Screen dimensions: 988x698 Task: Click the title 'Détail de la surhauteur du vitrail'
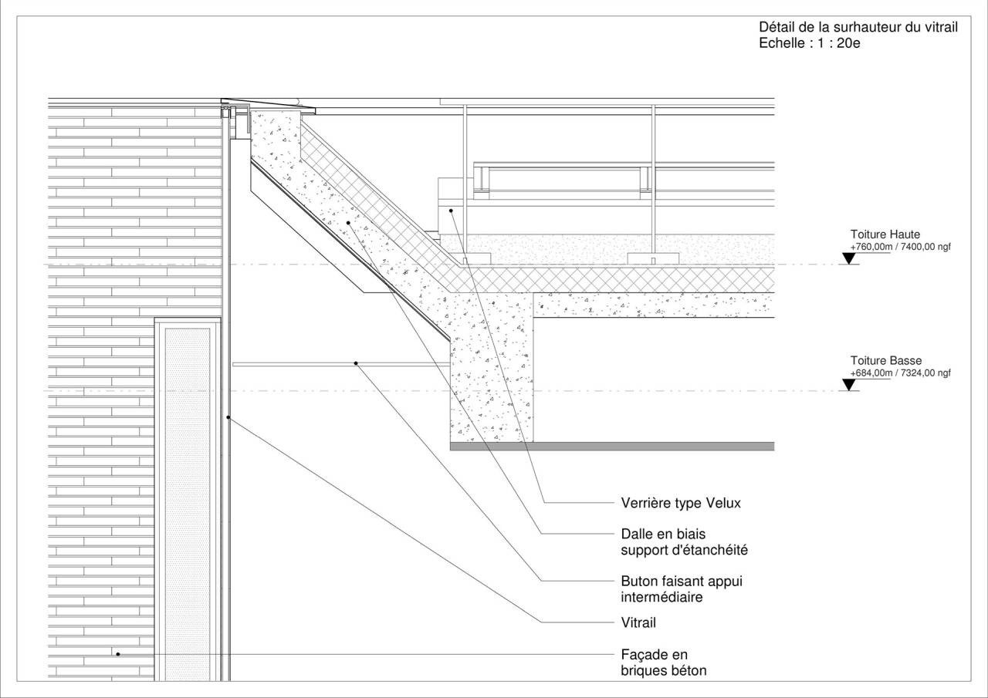pos(858,27)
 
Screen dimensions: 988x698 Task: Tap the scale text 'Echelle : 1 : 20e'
pos(810,43)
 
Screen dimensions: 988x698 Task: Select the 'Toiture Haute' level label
pos(885,234)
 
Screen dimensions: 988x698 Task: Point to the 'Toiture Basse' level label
pos(885,360)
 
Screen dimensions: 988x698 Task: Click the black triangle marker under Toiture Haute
pos(848,258)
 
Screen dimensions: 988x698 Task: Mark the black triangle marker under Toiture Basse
pos(848,385)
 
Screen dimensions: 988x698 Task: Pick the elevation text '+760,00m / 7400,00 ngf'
pos(900,247)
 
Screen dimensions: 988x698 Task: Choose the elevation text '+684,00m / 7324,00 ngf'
pos(900,373)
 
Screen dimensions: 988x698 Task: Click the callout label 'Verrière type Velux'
pos(681,503)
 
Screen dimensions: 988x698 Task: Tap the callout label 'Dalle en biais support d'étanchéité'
pos(684,542)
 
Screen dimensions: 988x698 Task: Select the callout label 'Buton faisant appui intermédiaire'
pos(682,589)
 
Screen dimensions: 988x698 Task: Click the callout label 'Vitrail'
pos(638,622)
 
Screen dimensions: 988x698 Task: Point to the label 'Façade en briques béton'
pos(663,663)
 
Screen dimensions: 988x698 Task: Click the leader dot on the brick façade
pos(118,654)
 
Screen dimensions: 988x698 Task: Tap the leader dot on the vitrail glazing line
pos(228,417)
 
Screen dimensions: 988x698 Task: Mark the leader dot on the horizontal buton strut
pos(356,363)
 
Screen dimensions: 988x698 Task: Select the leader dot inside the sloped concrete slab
pos(348,223)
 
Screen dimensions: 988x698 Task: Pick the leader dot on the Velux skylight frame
pos(452,211)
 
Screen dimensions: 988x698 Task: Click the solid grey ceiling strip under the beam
pos(612,447)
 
